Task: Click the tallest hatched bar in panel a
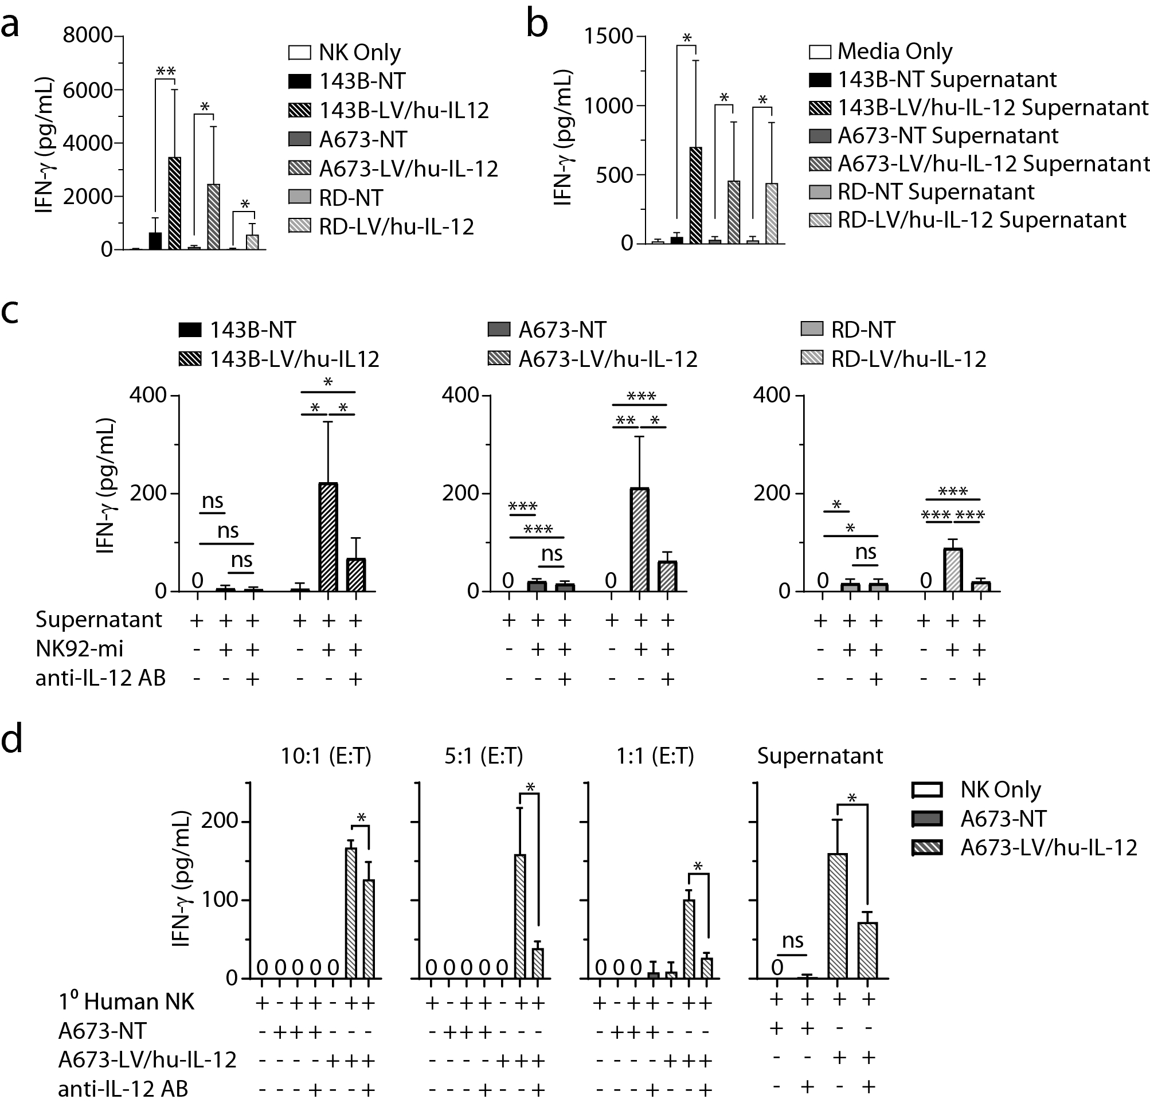(x=174, y=203)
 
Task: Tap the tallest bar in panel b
(x=696, y=195)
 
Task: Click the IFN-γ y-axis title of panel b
(x=564, y=138)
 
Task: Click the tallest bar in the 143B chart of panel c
(x=328, y=536)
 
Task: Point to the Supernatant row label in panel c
(x=99, y=620)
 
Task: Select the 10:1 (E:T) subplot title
(x=326, y=756)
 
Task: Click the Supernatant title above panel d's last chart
(x=820, y=756)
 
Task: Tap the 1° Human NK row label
(x=126, y=1002)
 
